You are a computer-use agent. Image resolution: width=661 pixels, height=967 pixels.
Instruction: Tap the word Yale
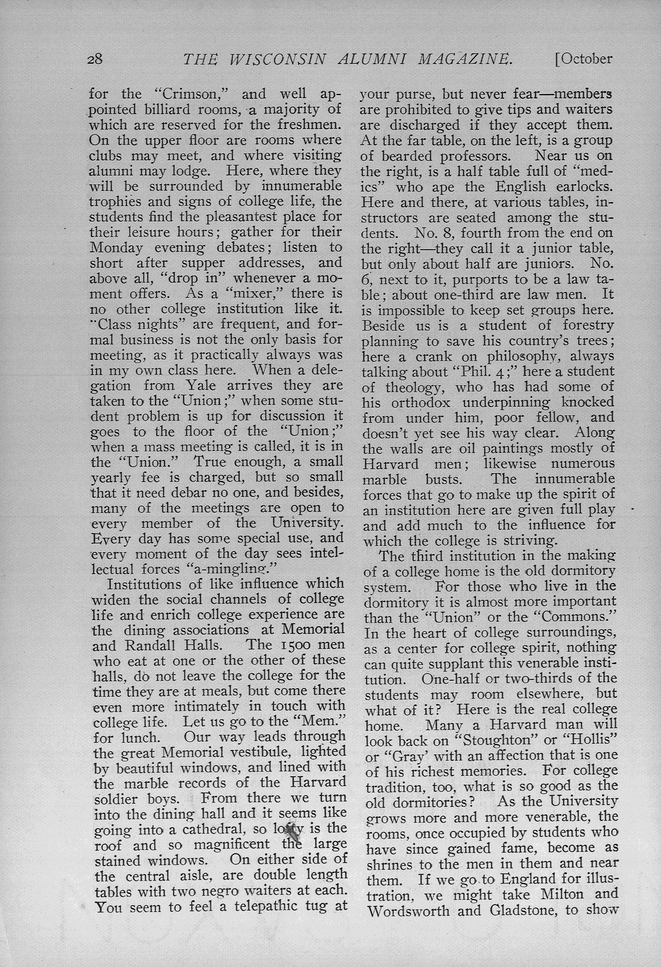[x=202, y=385]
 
